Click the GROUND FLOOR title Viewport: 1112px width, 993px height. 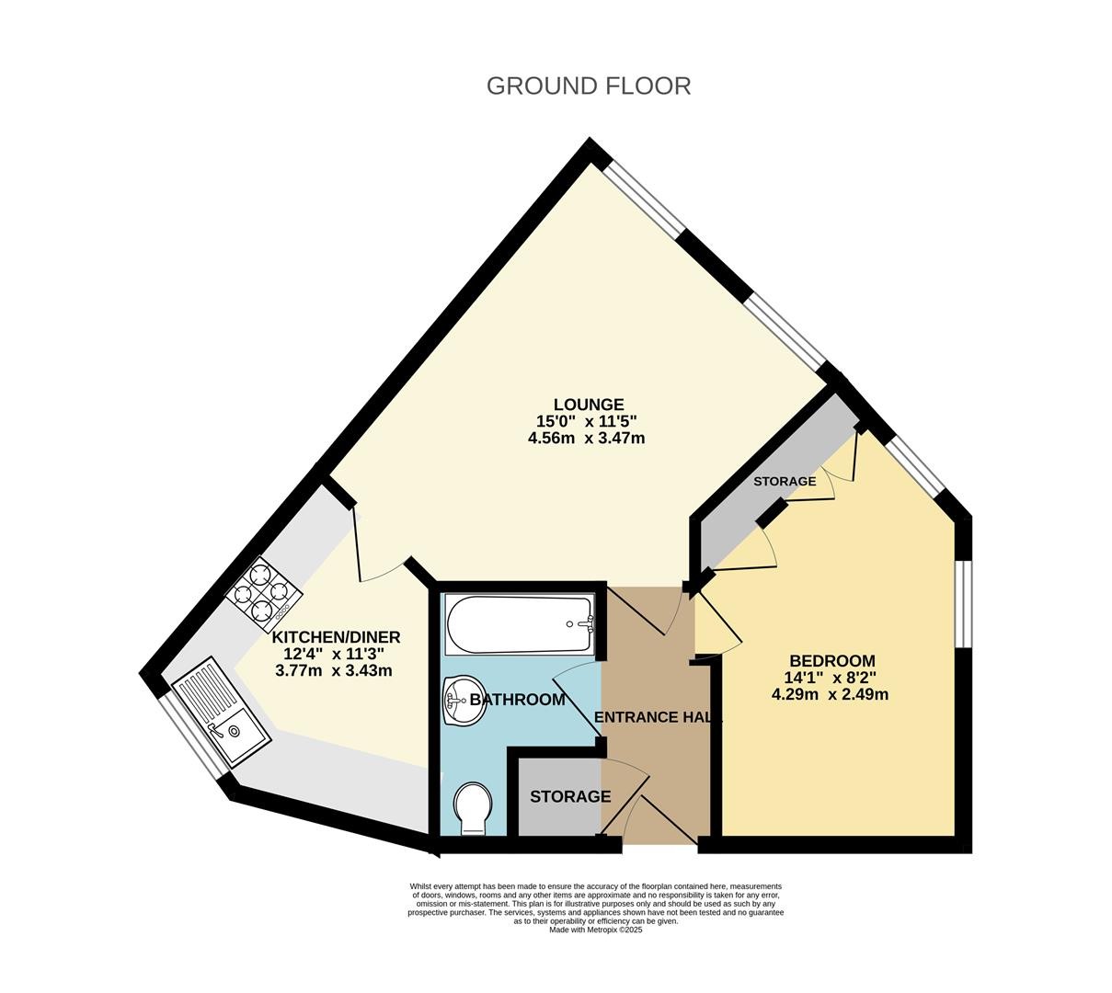coord(588,86)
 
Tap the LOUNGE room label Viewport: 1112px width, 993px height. coord(589,405)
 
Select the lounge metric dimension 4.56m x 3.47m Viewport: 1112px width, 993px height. coord(586,438)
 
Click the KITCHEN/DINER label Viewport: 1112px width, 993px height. coord(337,637)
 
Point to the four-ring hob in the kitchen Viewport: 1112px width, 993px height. coord(263,594)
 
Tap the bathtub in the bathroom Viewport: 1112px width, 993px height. coord(520,625)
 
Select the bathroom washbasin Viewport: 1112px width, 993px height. coord(464,700)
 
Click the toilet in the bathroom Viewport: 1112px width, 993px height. coord(473,809)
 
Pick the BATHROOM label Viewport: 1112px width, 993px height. coord(518,700)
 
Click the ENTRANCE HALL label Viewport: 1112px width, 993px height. coord(658,717)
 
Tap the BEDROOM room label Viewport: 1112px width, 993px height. coord(832,660)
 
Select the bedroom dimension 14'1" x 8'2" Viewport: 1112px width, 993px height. coord(830,677)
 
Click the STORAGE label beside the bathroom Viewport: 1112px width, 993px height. coord(570,796)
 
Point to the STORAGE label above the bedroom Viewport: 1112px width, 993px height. coord(785,481)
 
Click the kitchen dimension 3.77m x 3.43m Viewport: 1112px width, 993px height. coord(334,670)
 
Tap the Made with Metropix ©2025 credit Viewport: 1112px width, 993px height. coord(595,930)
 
